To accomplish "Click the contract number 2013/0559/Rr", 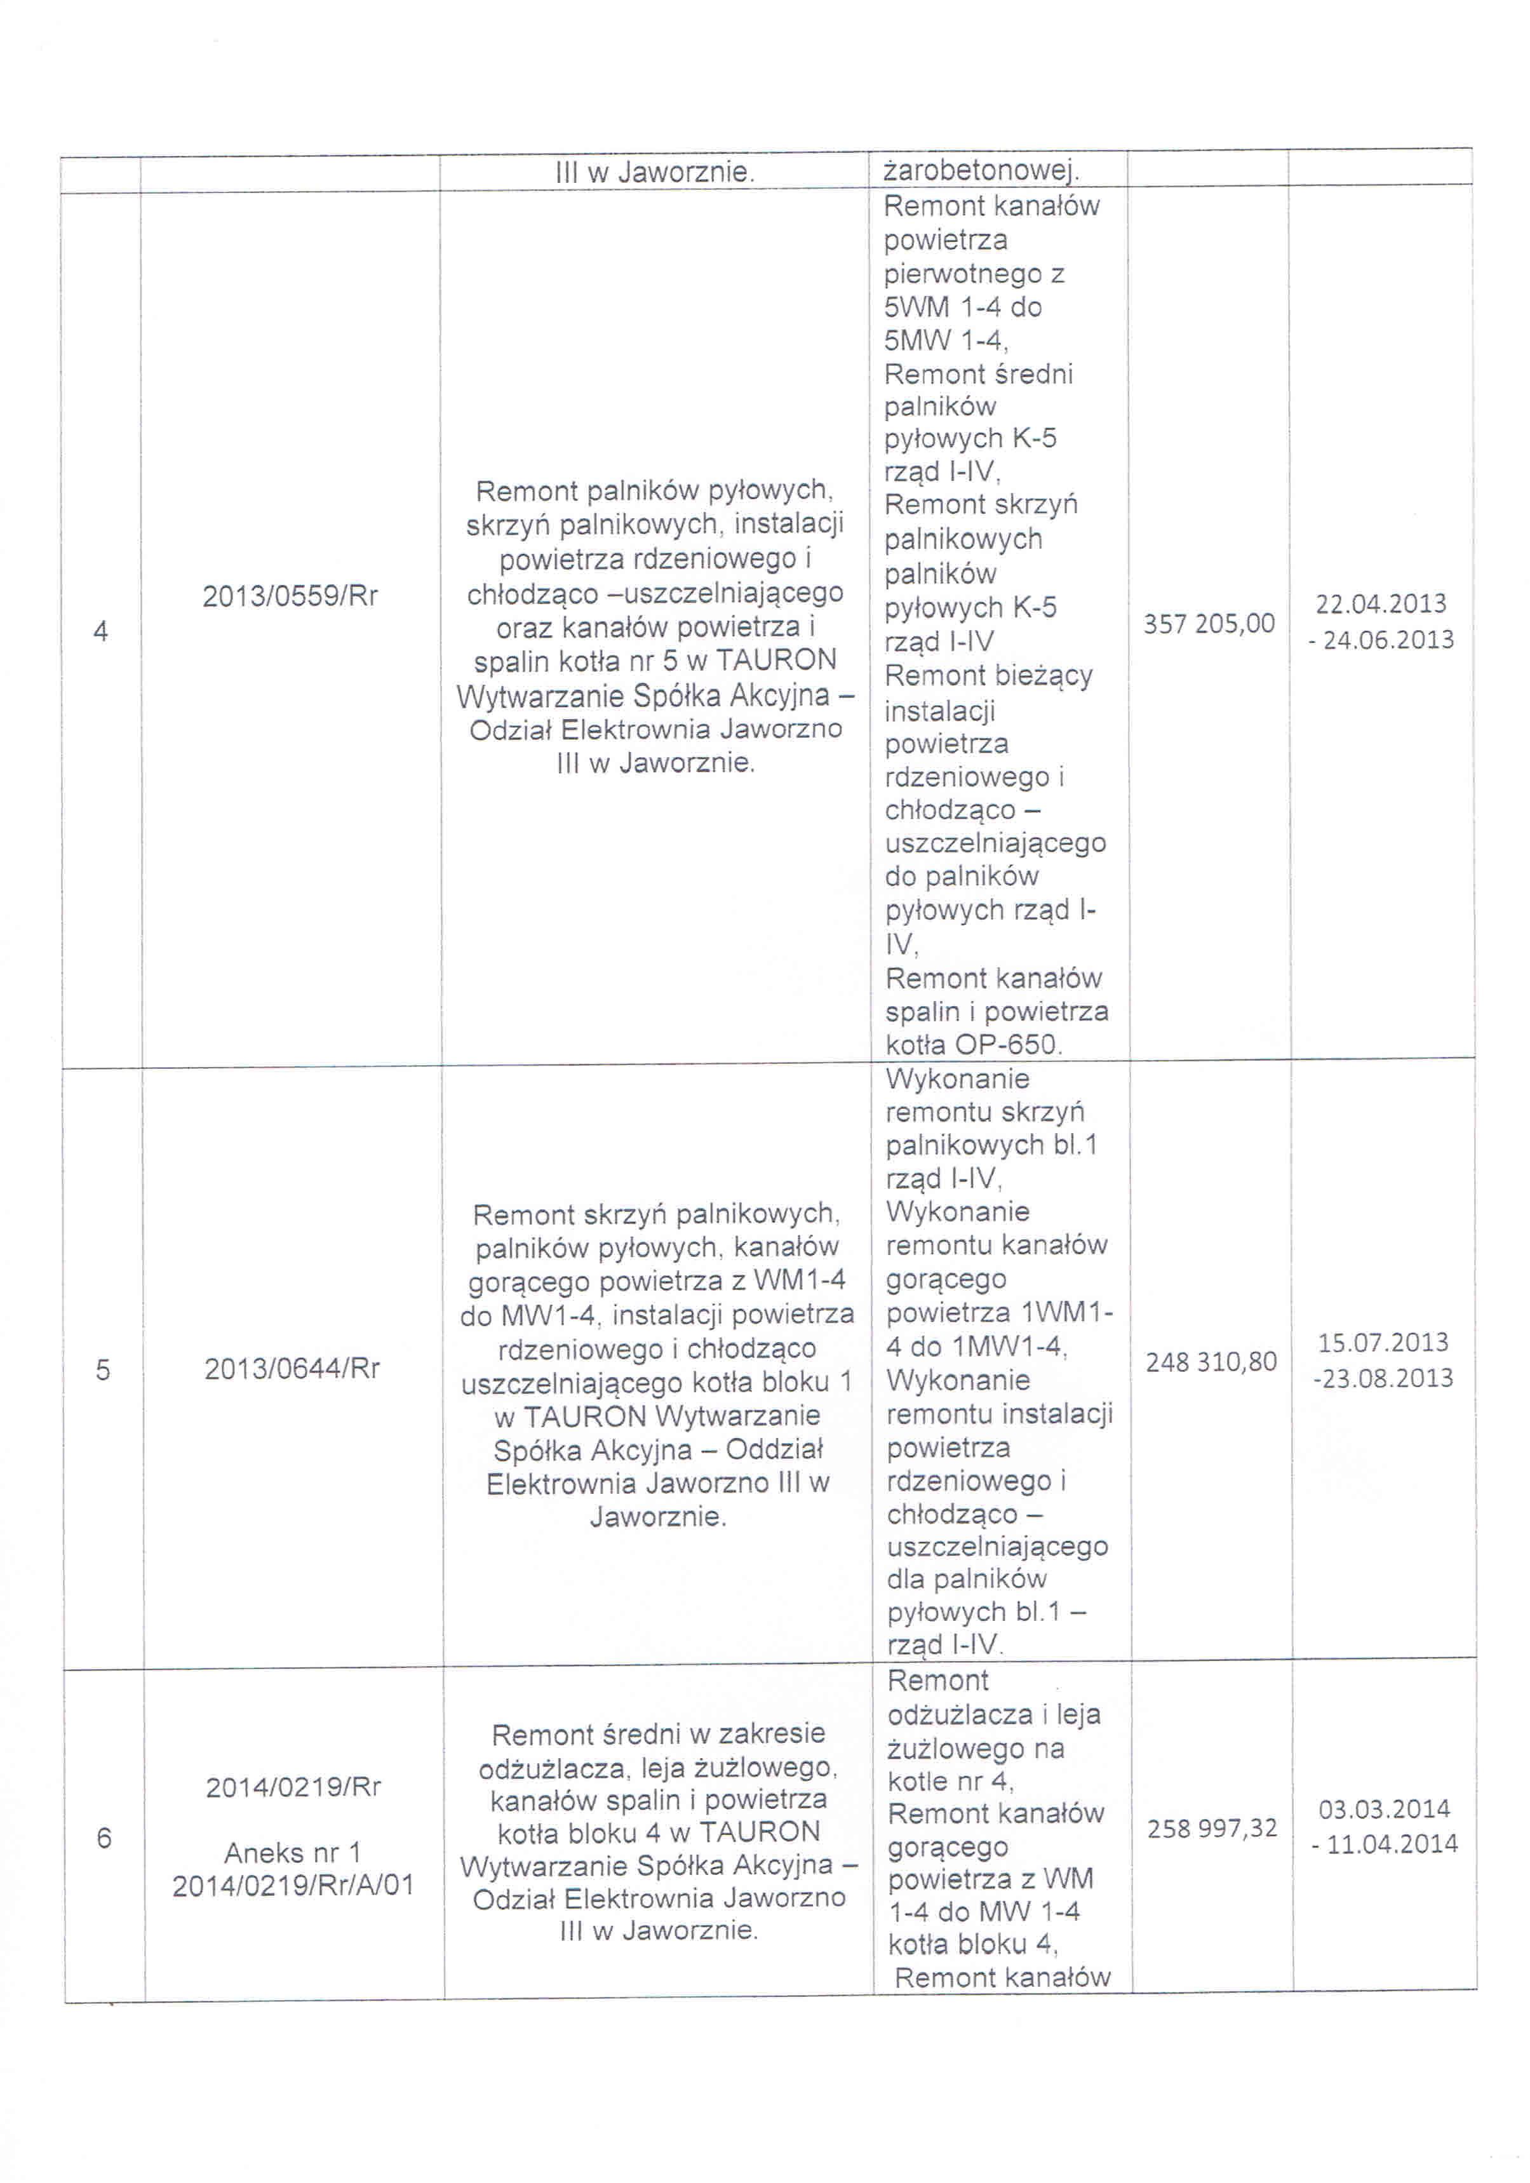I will [290, 596].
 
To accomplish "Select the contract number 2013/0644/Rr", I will [292, 1368].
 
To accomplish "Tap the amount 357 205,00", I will [1209, 624].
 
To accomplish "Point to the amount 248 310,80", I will [1211, 1362].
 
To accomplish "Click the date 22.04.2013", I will [1381, 604].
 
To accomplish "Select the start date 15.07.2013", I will [1383, 1343].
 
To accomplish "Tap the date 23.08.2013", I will [1387, 1378].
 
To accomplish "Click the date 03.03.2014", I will [1383, 1808].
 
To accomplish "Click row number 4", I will [101, 631].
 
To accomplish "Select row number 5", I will [103, 1370].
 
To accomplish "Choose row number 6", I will [105, 1838].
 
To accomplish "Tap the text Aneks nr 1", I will [292, 1852].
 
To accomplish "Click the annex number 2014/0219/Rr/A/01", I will [293, 1885].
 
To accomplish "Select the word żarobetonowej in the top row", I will [981, 171].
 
